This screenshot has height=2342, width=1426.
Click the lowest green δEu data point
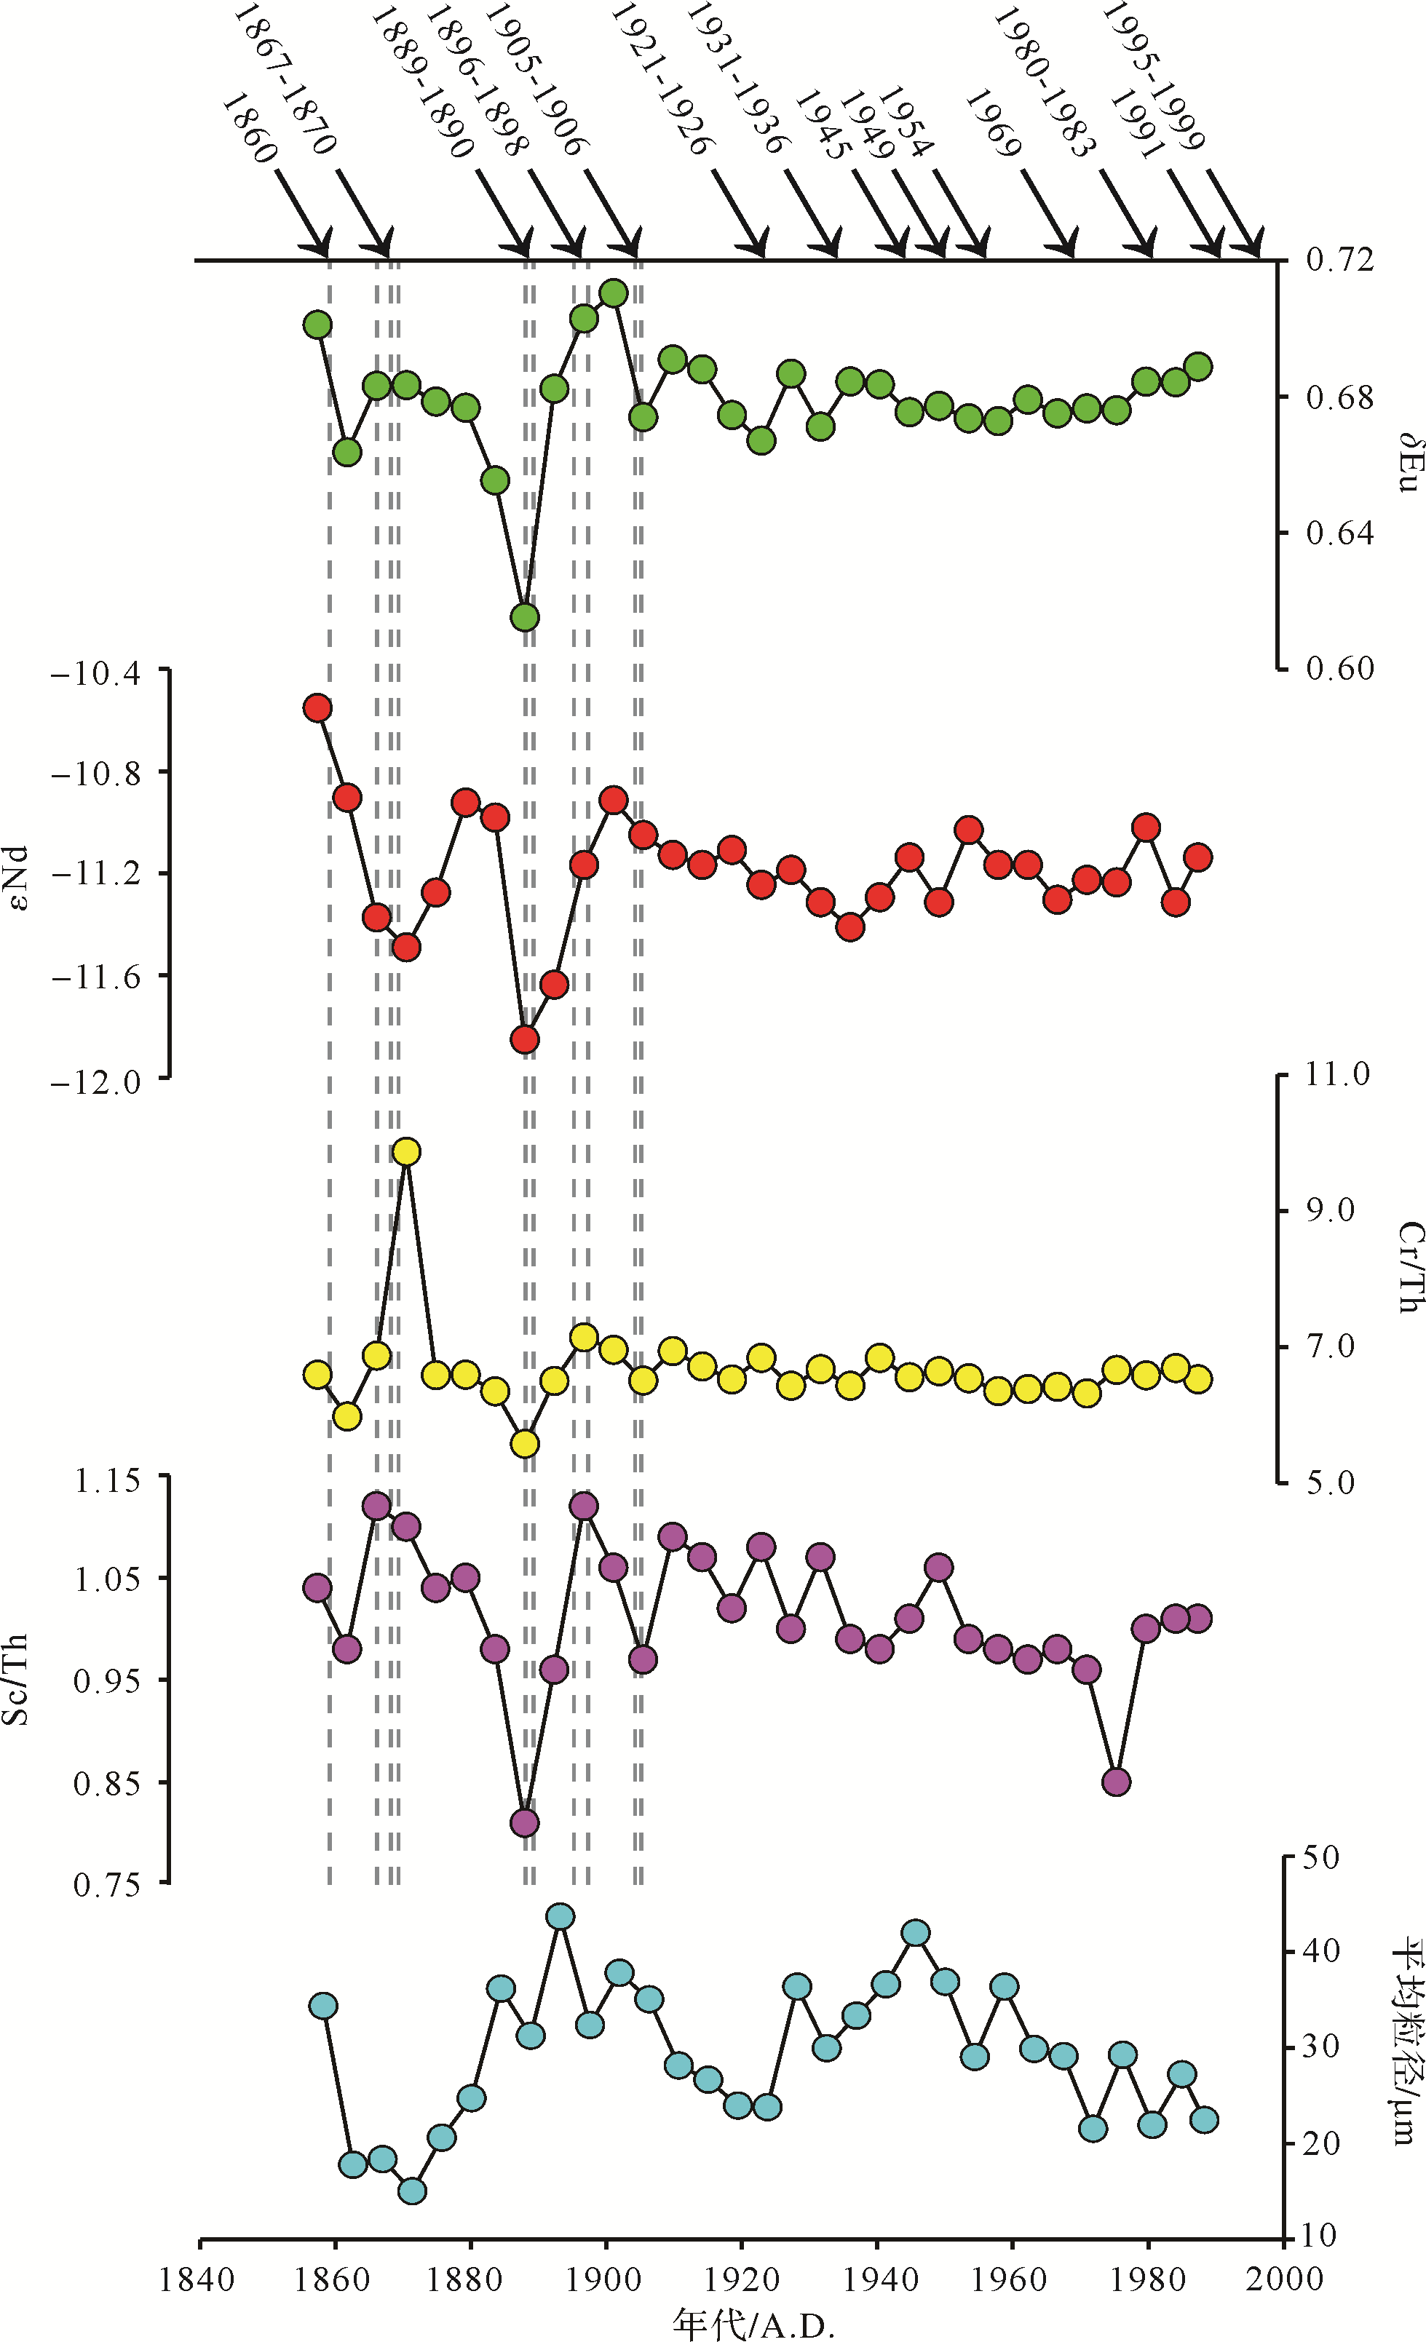point(525,618)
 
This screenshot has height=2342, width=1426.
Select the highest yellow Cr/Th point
point(407,1152)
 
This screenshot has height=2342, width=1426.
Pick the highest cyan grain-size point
point(561,1916)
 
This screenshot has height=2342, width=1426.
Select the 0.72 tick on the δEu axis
point(1339,258)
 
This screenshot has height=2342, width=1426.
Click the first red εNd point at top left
point(317,708)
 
